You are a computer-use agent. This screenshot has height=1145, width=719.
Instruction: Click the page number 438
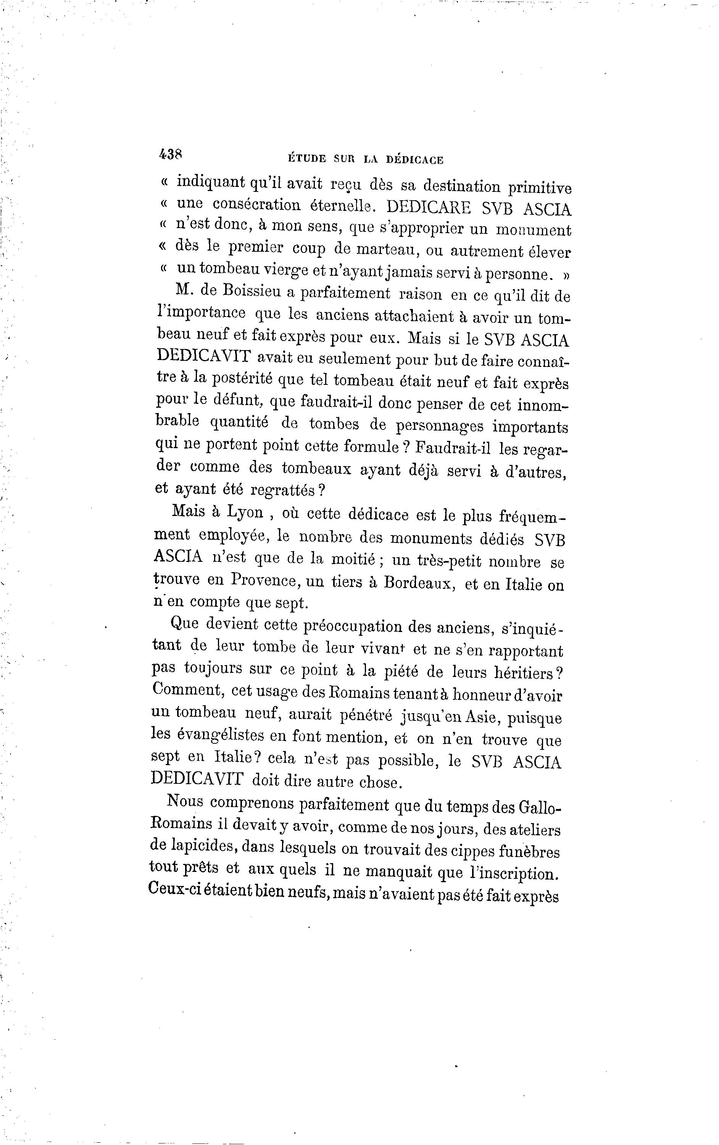point(170,154)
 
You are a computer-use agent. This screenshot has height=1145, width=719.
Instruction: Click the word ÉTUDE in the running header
point(307,159)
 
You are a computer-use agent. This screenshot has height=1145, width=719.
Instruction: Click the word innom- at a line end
point(543,405)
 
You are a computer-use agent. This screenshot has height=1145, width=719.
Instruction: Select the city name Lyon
point(245,512)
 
